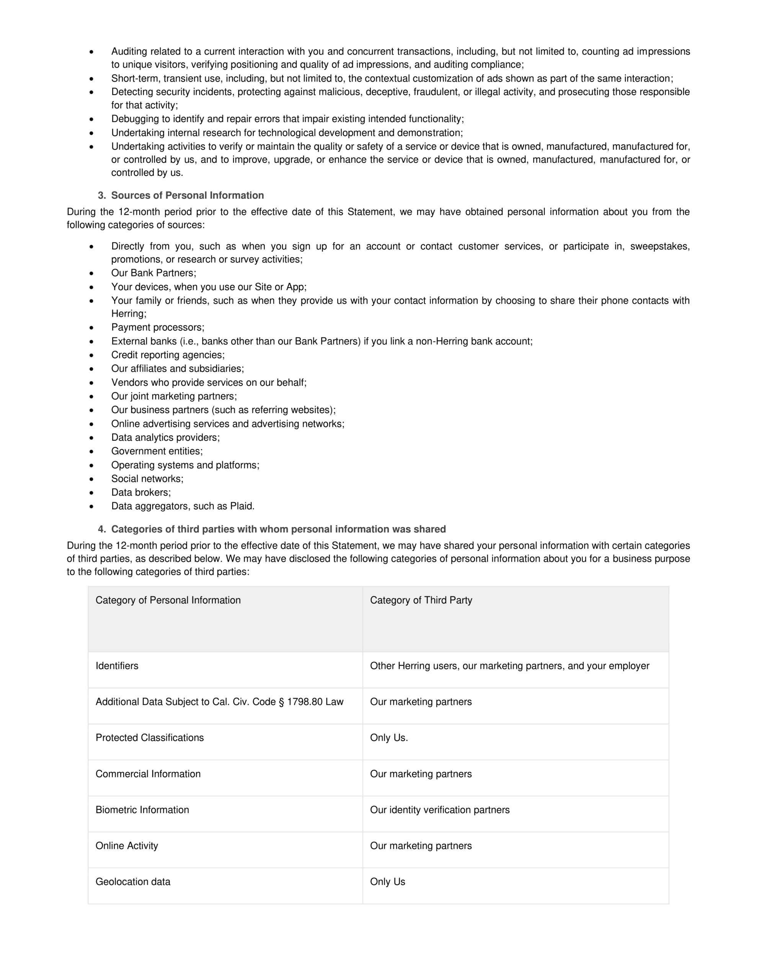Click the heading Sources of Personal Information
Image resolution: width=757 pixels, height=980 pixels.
[x=187, y=195]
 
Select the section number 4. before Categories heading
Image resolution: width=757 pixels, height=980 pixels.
[x=102, y=529]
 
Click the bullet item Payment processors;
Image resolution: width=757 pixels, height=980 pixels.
[x=158, y=328]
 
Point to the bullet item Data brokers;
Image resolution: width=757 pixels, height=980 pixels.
[x=141, y=492]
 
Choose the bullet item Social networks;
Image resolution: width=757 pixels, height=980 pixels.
[x=147, y=479]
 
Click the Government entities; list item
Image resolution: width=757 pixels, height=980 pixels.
[x=157, y=451]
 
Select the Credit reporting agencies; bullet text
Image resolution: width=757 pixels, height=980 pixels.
[x=168, y=355]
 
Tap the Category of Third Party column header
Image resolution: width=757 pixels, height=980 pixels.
[x=421, y=600]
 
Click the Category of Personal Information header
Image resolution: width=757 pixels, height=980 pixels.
[x=168, y=600]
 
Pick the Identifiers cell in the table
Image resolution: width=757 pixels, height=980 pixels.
[x=117, y=666]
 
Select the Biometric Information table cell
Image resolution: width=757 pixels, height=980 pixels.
[x=142, y=810]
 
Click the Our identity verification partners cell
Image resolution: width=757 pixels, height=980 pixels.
[x=439, y=810]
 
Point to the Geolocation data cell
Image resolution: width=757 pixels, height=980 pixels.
[x=133, y=882]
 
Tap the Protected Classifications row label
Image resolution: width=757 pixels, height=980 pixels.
[x=149, y=738]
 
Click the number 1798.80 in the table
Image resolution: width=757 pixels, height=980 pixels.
[x=305, y=702]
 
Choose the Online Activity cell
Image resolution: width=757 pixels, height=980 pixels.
[x=127, y=846]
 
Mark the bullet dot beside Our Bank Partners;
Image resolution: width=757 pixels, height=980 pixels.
[x=91, y=273]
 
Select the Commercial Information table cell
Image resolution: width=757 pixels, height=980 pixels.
[x=148, y=774]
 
